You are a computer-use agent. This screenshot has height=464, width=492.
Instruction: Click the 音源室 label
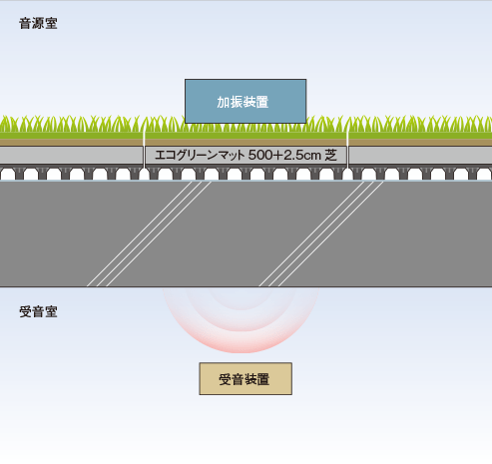[x=38, y=24]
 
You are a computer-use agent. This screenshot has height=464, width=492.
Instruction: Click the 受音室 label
[x=38, y=312]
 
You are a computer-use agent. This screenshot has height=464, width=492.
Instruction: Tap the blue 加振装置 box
[x=246, y=101]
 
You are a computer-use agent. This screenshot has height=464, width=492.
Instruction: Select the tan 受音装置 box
[x=246, y=379]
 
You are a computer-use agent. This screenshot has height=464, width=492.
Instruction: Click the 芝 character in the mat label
[x=331, y=155]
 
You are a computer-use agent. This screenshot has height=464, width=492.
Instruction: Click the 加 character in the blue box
[x=224, y=102]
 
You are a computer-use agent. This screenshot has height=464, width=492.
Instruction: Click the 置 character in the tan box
[x=263, y=379]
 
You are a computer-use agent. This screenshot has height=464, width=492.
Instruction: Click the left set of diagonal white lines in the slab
[x=149, y=233]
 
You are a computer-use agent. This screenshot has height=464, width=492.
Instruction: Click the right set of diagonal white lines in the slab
[x=321, y=233]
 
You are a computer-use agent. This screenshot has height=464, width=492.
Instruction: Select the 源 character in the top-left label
[x=38, y=24]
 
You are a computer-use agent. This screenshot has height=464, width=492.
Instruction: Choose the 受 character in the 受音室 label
[x=25, y=312]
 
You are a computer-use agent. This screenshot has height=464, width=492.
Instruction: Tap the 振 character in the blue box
[x=237, y=102]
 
